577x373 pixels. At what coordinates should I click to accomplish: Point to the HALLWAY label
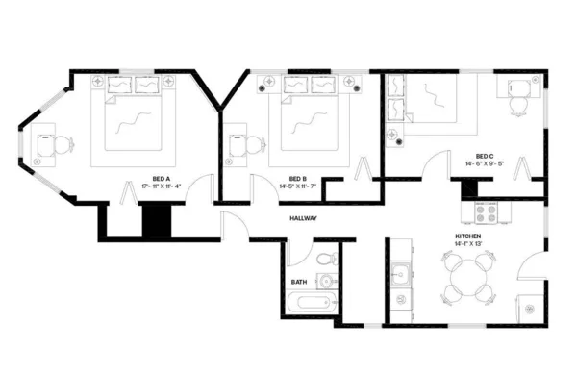(x=303, y=218)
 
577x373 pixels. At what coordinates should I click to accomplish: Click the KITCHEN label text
(x=468, y=236)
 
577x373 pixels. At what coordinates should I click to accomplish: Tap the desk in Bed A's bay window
(x=44, y=145)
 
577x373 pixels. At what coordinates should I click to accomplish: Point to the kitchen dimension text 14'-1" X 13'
(x=468, y=243)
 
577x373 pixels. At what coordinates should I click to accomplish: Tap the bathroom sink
(x=327, y=282)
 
